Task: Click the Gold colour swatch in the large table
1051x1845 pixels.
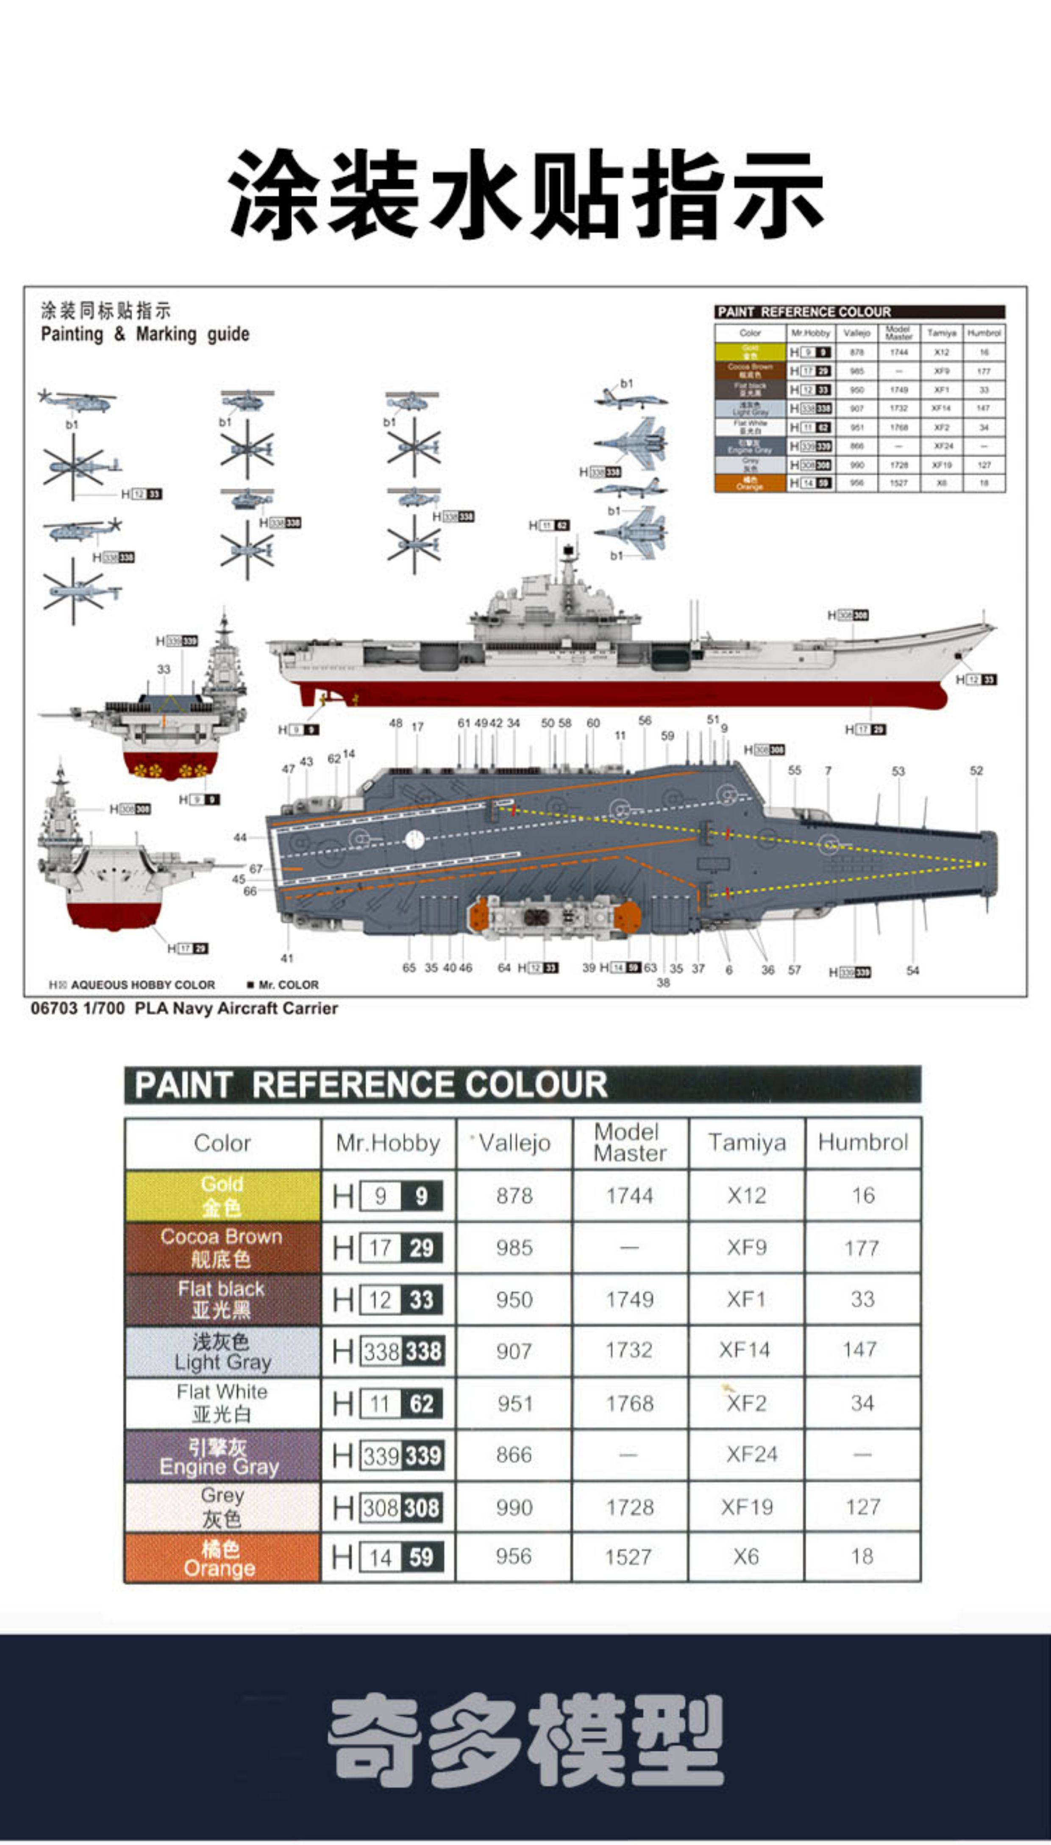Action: click(222, 1195)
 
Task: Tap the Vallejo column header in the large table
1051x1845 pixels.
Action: click(514, 1143)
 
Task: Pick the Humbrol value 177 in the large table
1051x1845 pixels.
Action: click(862, 1248)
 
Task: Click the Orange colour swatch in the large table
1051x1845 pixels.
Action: click(222, 1558)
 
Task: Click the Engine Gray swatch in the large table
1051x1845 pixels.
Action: click(222, 1455)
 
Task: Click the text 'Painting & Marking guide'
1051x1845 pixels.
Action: click(145, 334)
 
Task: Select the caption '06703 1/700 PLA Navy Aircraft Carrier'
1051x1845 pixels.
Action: click(184, 1008)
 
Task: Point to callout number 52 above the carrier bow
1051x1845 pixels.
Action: click(976, 770)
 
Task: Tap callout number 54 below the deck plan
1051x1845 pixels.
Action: click(912, 970)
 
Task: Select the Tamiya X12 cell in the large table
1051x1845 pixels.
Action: click(746, 1195)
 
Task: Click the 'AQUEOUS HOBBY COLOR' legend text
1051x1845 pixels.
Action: click(143, 985)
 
